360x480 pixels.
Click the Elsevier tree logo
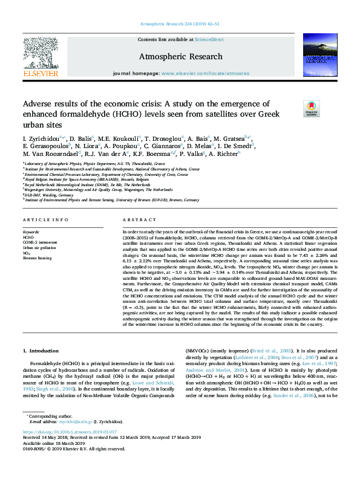click(41, 58)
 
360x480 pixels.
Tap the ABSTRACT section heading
click(135, 221)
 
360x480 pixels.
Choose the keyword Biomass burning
click(38, 258)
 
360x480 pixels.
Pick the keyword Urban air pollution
click(39, 247)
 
